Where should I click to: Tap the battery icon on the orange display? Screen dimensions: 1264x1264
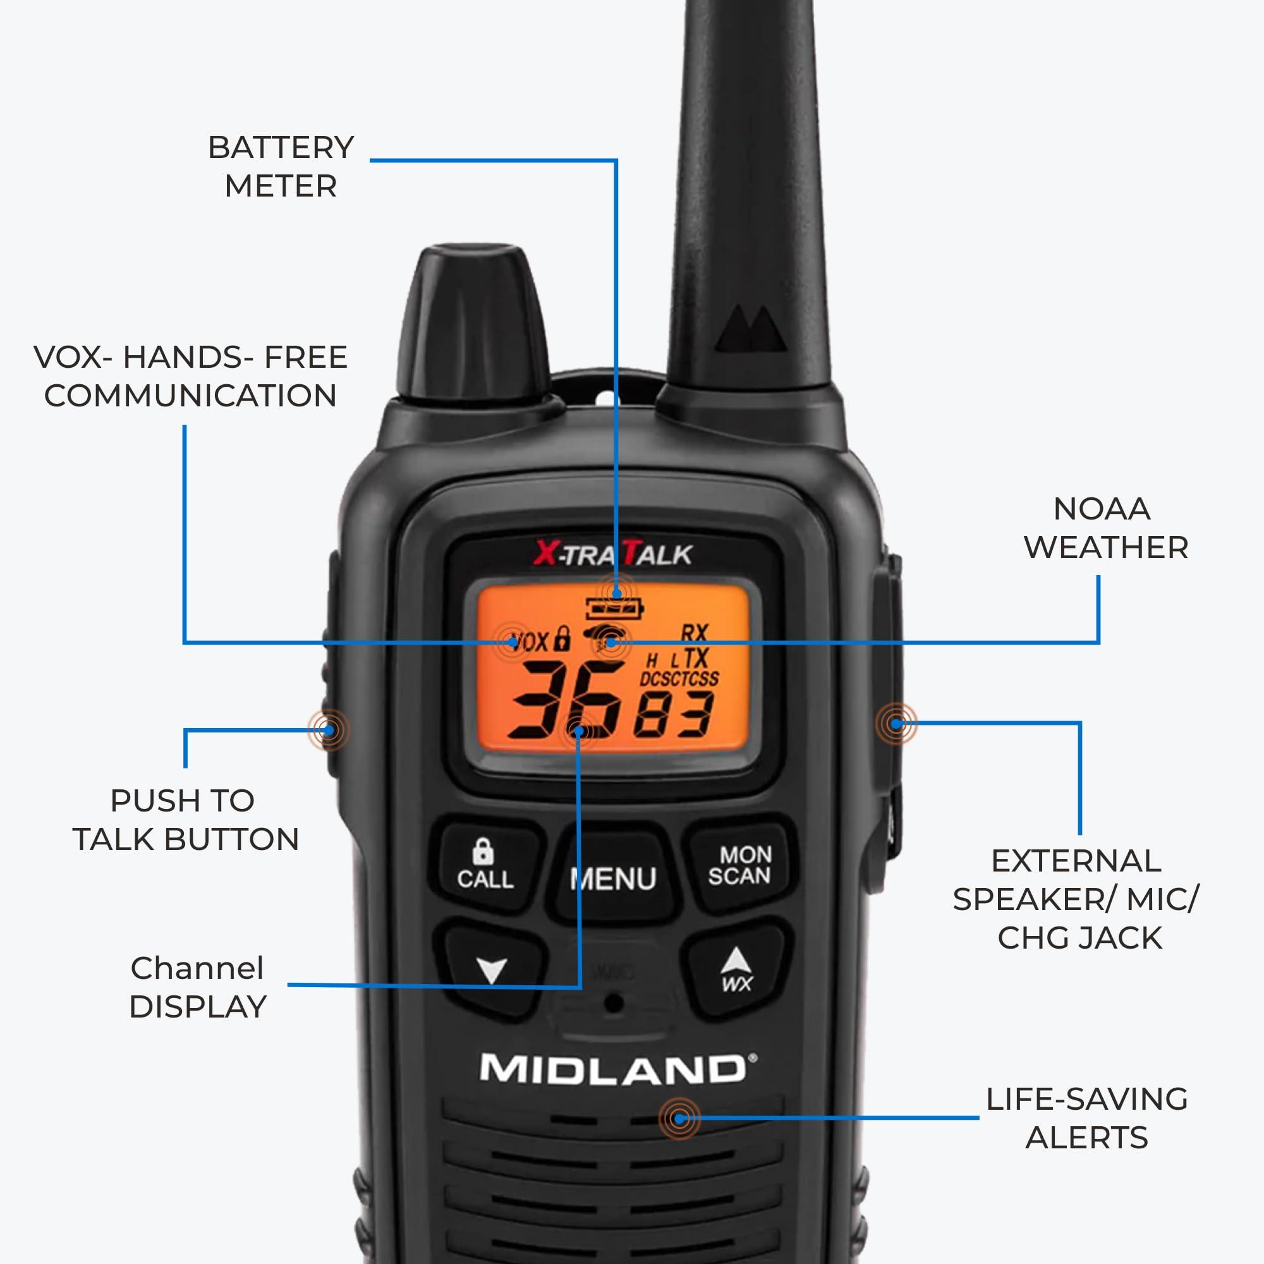click(x=614, y=609)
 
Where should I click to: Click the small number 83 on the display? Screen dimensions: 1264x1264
click(x=674, y=715)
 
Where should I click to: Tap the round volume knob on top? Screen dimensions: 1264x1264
click(x=472, y=320)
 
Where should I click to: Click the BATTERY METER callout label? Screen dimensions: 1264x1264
click(x=281, y=167)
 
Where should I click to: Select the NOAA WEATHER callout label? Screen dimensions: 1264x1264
click(x=1105, y=528)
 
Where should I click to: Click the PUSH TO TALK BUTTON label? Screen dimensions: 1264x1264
click(x=185, y=820)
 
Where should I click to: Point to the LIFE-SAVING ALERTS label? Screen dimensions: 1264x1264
click(x=1086, y=1118)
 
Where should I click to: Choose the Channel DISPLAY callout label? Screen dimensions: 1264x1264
click(x=198, y=987)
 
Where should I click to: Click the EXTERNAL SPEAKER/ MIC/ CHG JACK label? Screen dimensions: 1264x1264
click(x=1076, y=899)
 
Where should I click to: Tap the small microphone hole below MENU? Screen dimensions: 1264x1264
click(x=613, y=1003)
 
